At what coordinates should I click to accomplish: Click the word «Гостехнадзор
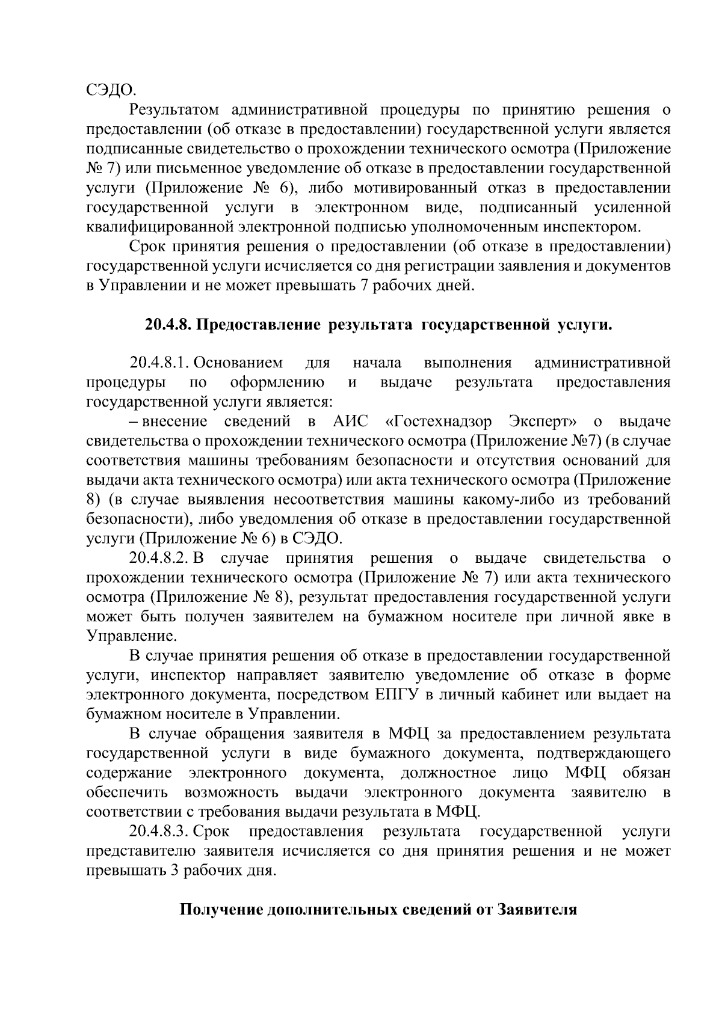click(x=441, y=421)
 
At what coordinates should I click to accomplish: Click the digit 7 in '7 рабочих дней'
click(x=363, y=285)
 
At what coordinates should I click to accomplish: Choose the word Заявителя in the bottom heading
click(x=538, y=910)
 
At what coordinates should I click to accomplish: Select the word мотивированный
click(x=407, y=188)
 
